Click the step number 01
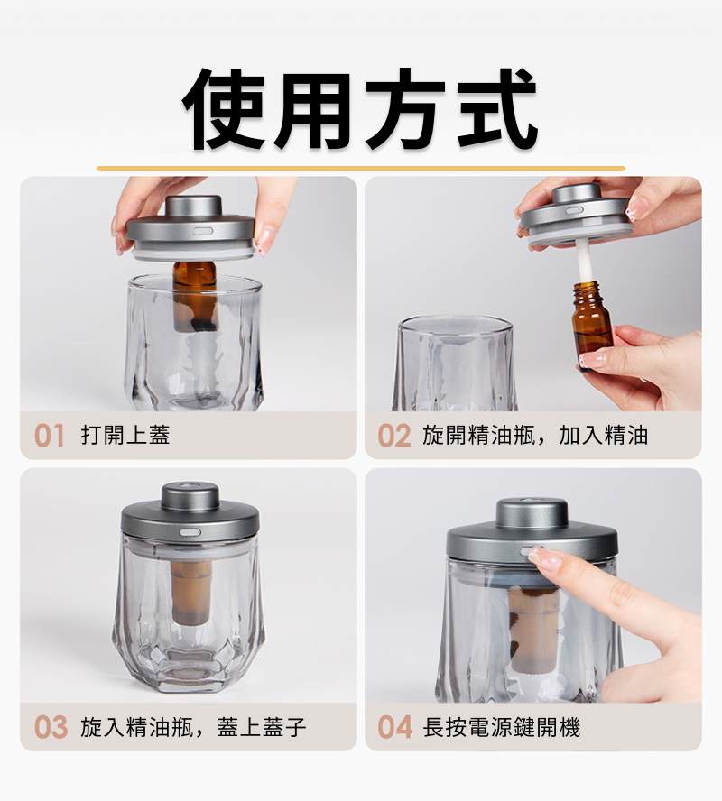pyautogui.click(x=49, y=436)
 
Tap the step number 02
pyautogui.click(x=394, y=436)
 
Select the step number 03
pyautogui.click(x=51, y=727)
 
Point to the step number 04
pyautogui.click(x=394, y=727)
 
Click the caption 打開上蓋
pyautogui.click(x=125, y=436)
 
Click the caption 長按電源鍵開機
pyautogui.click(x=501, y=727)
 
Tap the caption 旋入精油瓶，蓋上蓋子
pyautogui.click(x=193, y=727)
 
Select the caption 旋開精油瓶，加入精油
pyautogui.click(x=535, y=436)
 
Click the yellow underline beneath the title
pyautogui.click(x=361, y=169)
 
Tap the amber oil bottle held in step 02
pyautogui.click(x=592, y=325)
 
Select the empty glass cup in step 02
pyautogui.click(x=455, y=363)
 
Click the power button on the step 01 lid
pyautogui.click(x=203, y=231)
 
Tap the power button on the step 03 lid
pyautogui.click(x=190, y=532)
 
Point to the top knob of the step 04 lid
pyautogui.click(x=532, y=513)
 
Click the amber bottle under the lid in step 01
pyautogui.click(x=195, y=296)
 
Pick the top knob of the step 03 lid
pyautogui.click(x=190, y=495)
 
